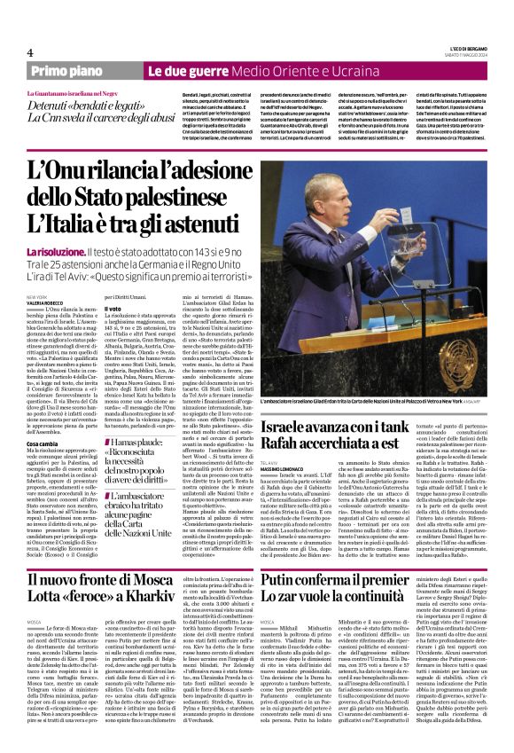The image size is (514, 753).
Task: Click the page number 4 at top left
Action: point(29,52)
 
